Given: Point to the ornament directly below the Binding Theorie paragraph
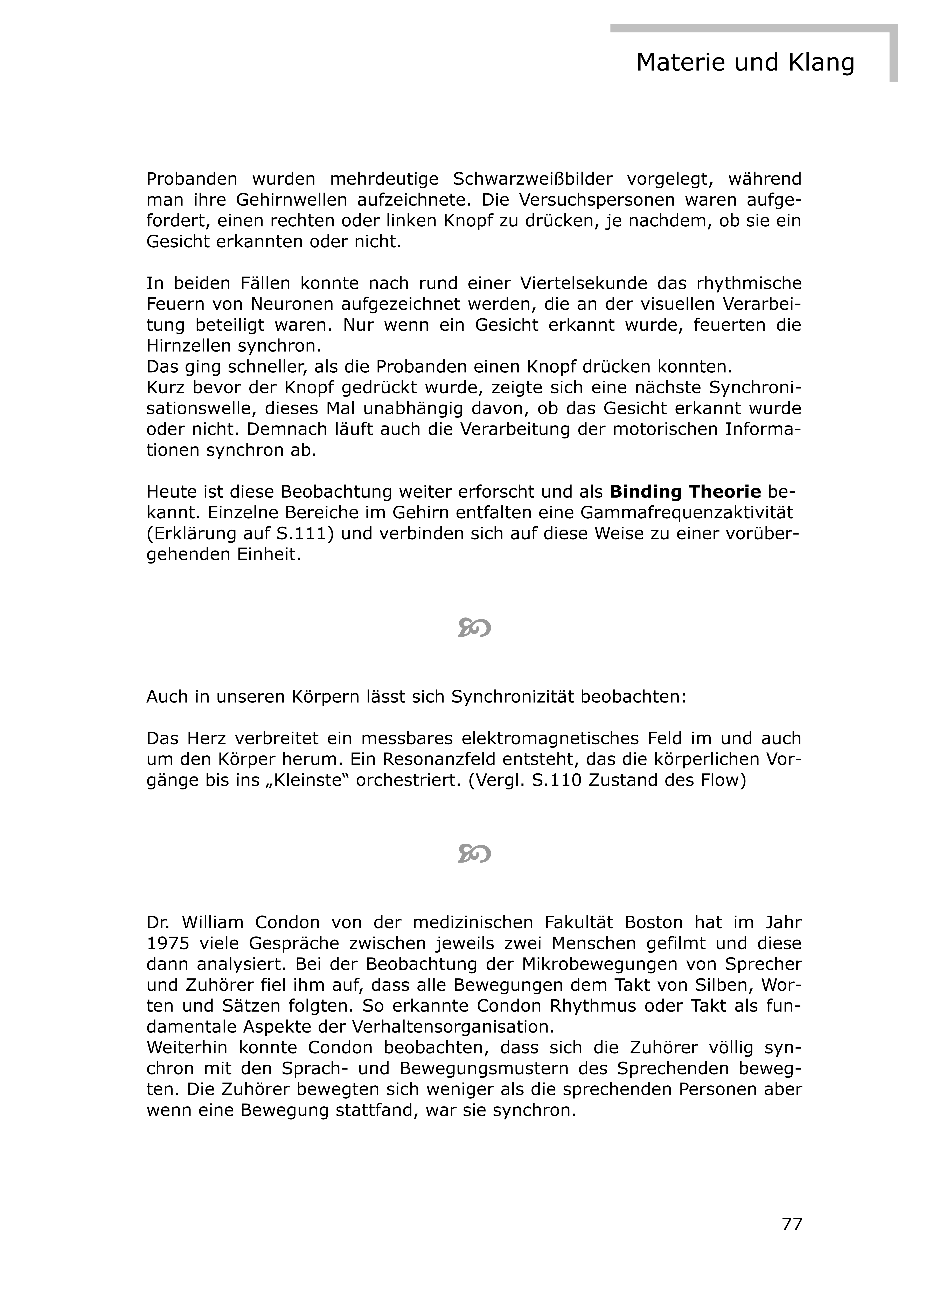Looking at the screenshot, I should tap(474, 628).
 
